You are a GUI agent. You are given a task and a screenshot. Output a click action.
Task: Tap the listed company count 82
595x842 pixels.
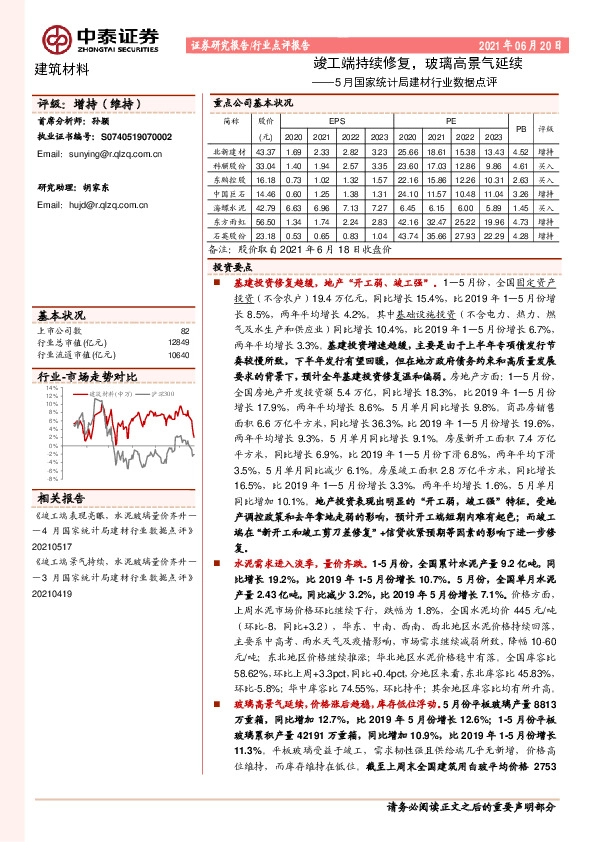(x=184, y=330)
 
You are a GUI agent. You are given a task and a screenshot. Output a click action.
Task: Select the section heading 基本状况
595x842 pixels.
(x=63, y=313)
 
